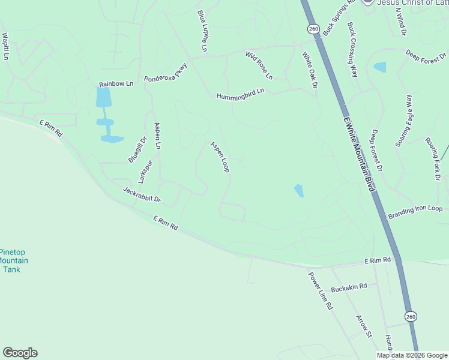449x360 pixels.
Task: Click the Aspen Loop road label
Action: pyautogui.click(x=220, y=157)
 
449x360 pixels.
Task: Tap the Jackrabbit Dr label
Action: pyautogui.click(x=142, y=194)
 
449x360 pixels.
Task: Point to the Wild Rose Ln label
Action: pyautogui.click(x=259, y=65)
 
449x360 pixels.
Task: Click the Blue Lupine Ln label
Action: pyautogui.click(x=202, y=30)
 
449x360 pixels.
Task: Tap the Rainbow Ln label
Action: pyautogui.click(x=116, y=83)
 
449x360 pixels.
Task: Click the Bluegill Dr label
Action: pyautogui.click(x=137, y=150)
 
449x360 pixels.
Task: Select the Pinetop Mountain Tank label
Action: pyautogui.click(x=13, y=261)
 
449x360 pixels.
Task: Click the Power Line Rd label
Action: pyautogui.click(x=321, y=290)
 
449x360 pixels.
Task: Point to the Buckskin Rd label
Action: pyautogui.click(x=348, y=287)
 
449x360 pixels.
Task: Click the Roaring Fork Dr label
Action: pyautogui.click(x=433, y=157)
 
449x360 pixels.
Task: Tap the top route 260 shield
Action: pyautogui.click(x=313, y=29)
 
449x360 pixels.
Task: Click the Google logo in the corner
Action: pyautogui.click(x=20, y=353)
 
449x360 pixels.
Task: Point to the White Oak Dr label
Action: pyautogui.click(x=309, y=70)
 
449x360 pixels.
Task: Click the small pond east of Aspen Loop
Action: pyautogui.click(x=299, y=191)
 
